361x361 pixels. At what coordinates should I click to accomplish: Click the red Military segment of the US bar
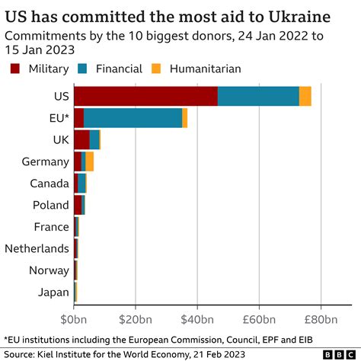pos(145,96)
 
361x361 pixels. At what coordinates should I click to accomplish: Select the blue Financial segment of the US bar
pos(258,96)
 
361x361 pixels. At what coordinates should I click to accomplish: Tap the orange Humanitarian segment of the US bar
pos(305,96)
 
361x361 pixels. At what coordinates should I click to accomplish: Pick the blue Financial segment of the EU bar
pos(133,118)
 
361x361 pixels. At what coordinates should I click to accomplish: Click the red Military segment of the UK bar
pos(81,139)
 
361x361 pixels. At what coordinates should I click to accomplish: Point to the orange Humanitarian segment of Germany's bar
pos(89,161)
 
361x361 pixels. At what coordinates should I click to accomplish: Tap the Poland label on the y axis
pos(50,205)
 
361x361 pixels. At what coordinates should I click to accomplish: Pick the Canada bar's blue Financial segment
pos(81,183)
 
